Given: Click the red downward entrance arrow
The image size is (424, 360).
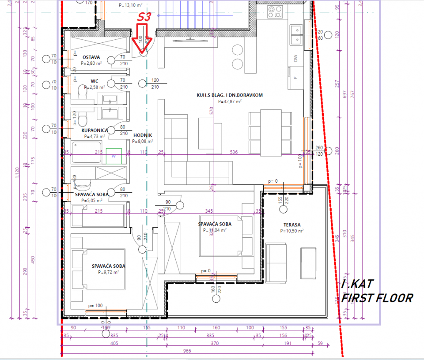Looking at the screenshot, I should point(142,40).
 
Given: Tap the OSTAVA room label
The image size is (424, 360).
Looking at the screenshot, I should point(91,57).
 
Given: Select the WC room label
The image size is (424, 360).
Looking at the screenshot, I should point(94,81).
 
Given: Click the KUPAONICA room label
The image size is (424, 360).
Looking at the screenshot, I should point(95,130).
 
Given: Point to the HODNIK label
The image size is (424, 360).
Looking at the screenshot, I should point(142,135).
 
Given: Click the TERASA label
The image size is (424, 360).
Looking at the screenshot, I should point(292,225).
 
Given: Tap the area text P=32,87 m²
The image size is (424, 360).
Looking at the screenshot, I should point(230,101).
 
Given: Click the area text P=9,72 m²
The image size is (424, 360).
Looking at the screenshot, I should point(108,272).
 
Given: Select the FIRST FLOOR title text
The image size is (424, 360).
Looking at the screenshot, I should point(377,298).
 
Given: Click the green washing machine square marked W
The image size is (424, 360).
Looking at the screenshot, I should point(114,156).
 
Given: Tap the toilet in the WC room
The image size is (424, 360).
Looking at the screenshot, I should point(83,93).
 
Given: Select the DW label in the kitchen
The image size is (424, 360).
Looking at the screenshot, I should point(295,58).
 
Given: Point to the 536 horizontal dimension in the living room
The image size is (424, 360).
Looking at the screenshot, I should point(234,152).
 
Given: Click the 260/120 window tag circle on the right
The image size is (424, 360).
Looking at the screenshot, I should point(327,151).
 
